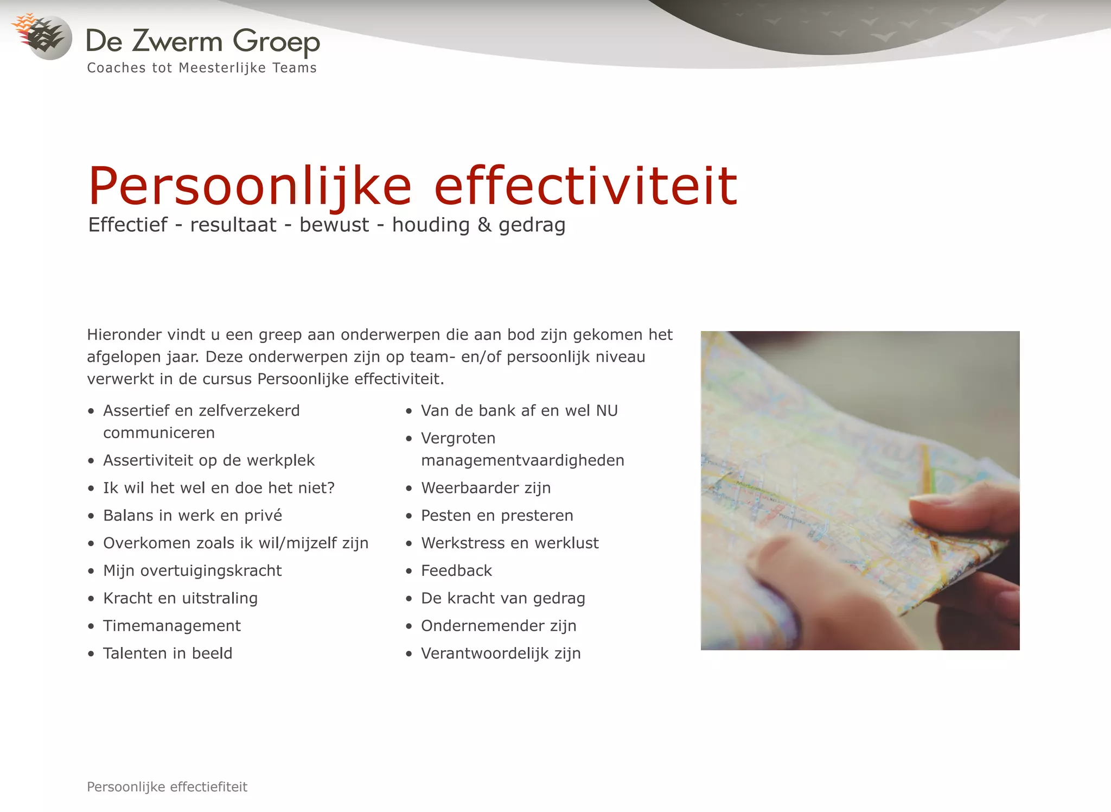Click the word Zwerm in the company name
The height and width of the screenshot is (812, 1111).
pos(177,41)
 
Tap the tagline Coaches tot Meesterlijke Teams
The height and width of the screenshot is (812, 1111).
pos(202,68)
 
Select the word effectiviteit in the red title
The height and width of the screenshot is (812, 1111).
pos(586,186)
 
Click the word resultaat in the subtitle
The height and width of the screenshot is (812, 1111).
pos(233,225)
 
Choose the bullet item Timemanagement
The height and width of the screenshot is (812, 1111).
pos(172,626)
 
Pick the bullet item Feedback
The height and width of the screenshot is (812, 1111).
pos(456,570)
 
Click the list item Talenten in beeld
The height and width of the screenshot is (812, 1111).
pos(168,654)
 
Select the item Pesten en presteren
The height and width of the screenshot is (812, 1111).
pos(497,515)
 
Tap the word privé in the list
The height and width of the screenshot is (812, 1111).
pos(263,515)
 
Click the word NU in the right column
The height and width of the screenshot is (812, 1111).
pos(607,411)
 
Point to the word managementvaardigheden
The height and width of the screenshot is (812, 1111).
pos(522,460)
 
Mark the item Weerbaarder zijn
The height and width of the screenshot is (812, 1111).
pos(486,488)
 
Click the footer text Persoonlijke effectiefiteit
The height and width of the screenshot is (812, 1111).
pos(167,787)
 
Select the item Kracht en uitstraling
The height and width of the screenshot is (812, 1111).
pos(180,598)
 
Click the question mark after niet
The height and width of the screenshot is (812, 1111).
pos(331,488)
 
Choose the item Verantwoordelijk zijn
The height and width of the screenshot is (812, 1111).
pos(501,654)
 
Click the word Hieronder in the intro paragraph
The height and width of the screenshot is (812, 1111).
pos(124,335)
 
